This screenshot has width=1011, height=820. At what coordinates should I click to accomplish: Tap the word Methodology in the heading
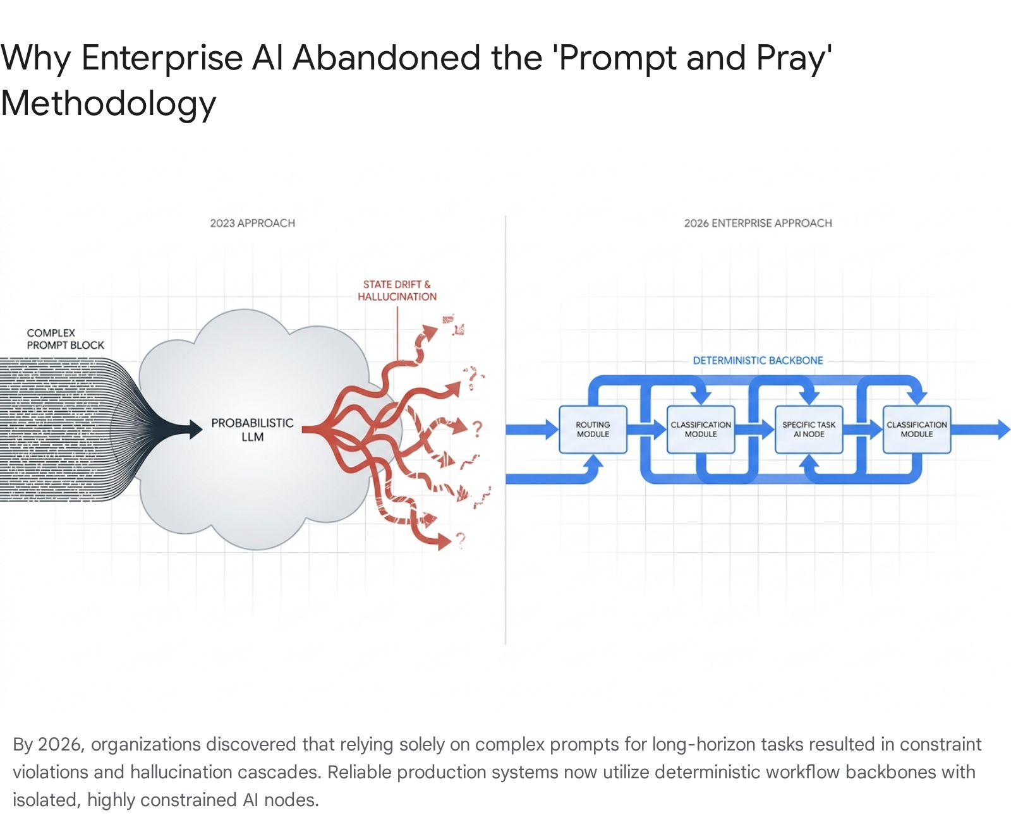108,104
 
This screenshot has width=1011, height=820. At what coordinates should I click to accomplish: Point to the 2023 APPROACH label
253,223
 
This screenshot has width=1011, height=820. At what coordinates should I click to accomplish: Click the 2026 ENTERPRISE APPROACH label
758,223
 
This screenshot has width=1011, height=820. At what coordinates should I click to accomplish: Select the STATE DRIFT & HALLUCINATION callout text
397,291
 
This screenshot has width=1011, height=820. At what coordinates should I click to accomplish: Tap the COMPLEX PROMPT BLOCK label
65,339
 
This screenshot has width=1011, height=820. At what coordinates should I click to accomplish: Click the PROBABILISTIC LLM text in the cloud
253,430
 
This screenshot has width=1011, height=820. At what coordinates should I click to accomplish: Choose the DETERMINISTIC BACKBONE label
758,360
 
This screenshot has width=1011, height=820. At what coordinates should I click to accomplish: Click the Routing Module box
593,430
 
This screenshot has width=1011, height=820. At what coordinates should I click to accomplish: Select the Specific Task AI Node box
809,430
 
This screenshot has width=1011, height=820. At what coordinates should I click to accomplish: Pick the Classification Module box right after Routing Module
701,430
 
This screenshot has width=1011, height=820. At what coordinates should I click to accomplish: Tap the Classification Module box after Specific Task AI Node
917,430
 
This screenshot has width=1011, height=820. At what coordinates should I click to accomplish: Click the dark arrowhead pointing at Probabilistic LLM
195,430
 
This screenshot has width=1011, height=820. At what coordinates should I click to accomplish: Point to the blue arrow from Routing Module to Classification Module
647,430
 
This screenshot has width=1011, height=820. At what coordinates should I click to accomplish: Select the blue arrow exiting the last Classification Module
981,430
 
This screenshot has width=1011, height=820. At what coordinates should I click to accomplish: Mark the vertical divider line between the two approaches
505,430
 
